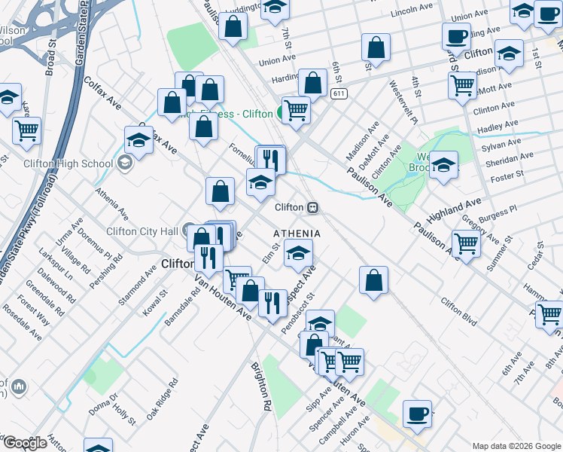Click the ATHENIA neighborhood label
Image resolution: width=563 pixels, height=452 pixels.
click(297, 234)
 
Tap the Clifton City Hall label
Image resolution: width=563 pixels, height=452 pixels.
click(141, 231)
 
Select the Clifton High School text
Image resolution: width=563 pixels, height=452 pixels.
click(57, 163)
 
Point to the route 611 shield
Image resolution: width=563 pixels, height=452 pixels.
click(338, 93)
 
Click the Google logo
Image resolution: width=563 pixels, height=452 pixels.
click(25, 443)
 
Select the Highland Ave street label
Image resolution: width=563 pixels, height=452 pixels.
click(453, 210)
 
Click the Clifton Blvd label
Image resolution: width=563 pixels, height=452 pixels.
click(459, 313)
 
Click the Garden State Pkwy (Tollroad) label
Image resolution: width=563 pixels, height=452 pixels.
click(30, 226)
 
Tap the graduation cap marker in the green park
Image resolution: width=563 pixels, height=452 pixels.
click(444, 166)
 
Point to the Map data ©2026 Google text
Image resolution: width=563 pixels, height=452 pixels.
click(516, 445)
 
